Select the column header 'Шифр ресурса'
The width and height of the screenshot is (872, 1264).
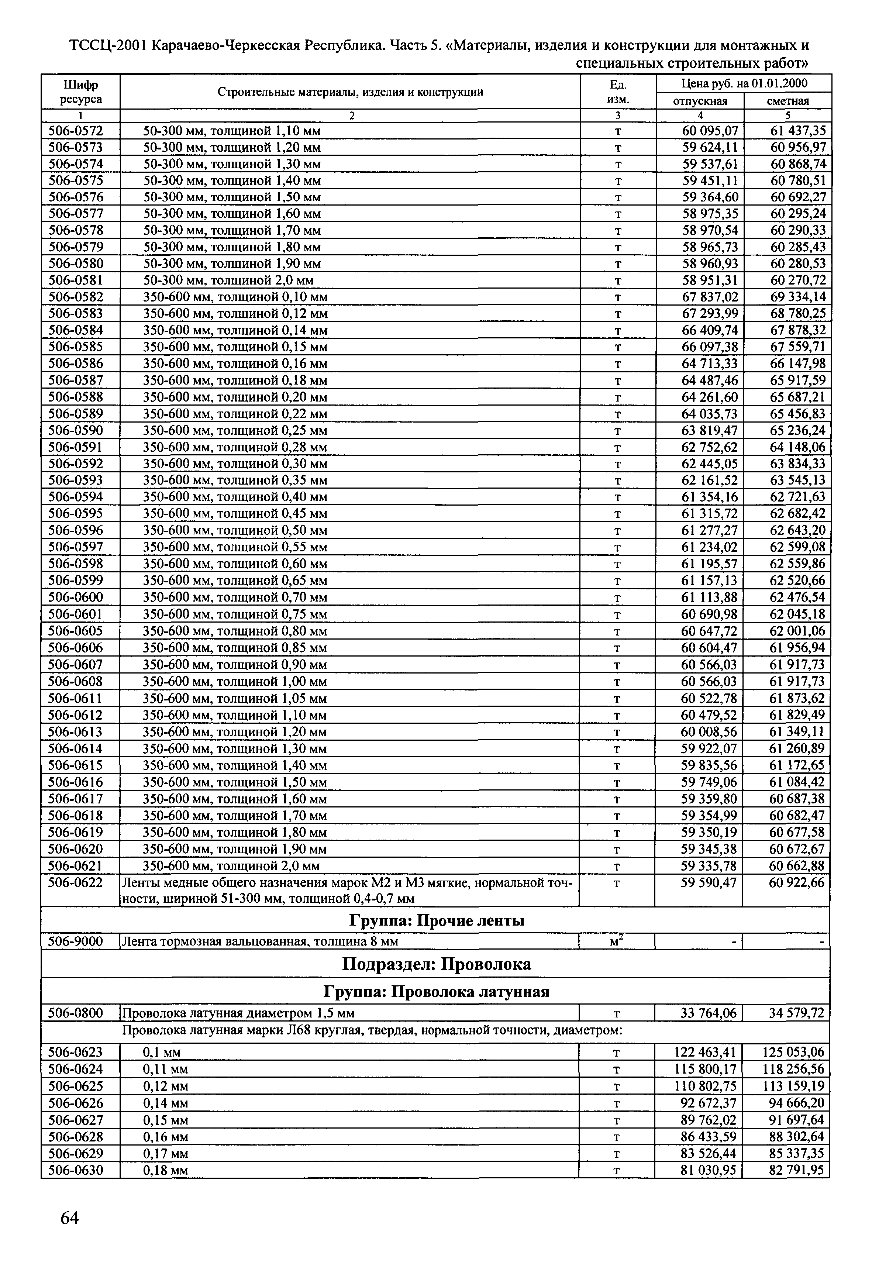pyautogui.click(x=80, y=92)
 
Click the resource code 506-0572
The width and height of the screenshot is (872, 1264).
pyautogui.click(x=76, y=131)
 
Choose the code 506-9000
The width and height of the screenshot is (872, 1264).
pyautogui.click(x=76, y=941)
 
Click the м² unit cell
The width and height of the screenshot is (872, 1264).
pyautogui.click(x=617, y=941)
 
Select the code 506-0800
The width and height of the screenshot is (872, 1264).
pyautogui.click(x=76, y=1014)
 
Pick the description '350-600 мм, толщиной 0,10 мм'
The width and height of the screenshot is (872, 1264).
pyautogui.click(x=235, y=297)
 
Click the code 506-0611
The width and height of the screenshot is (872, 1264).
pyautogui.click(x=76, y=699)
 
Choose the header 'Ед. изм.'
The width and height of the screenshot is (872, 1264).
pyautogui.click(x=617, y=92)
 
